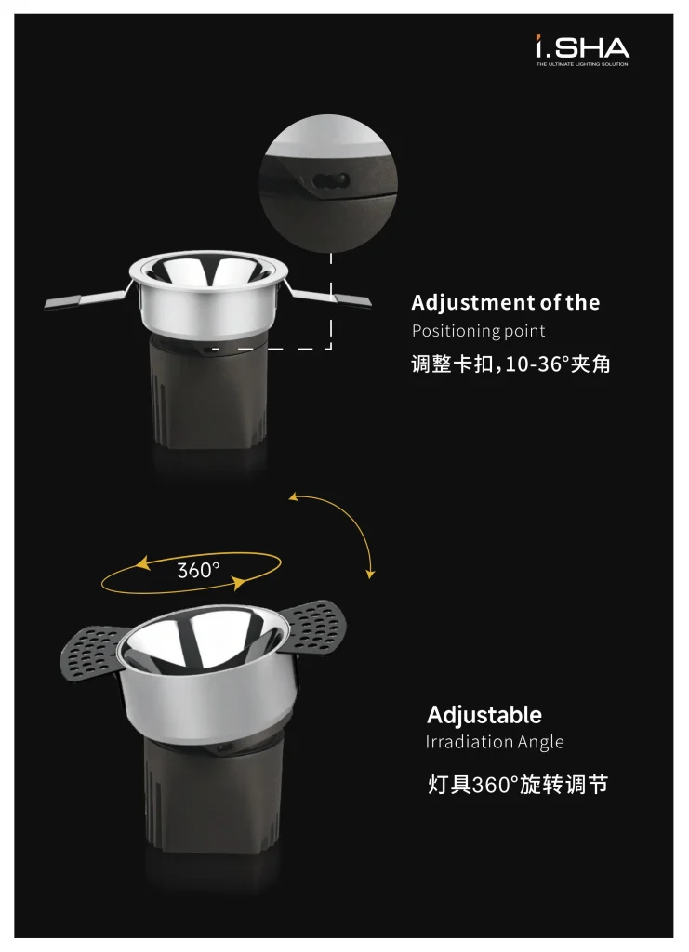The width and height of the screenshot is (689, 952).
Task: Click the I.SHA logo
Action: coord(582,48)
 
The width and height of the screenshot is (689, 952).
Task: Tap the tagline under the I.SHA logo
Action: coord(582,64)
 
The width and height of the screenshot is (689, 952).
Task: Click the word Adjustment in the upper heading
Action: coord(468,303)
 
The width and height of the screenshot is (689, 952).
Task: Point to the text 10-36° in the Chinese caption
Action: coord(531,364)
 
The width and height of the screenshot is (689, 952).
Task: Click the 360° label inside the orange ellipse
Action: coord(198,570)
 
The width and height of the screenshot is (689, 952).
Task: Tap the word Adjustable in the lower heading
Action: coord(484,715)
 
